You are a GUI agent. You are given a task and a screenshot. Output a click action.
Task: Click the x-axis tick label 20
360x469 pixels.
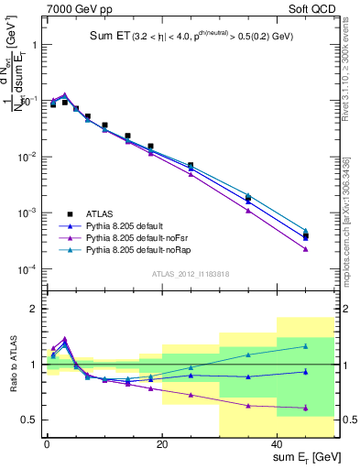pos(162,444)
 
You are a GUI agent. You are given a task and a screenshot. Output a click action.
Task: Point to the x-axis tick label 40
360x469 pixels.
pos(278,444)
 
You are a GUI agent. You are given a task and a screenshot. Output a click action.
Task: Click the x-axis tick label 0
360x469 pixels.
pos(47,444)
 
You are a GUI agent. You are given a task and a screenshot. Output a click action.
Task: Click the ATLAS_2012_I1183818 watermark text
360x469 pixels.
pos(189,275)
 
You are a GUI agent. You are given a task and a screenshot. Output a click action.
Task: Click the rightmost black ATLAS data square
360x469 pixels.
pos(306,237)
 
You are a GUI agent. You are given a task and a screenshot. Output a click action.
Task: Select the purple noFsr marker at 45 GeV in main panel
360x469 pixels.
pos(306,249)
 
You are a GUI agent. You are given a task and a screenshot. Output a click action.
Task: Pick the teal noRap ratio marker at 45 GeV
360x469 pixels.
pos(306,346)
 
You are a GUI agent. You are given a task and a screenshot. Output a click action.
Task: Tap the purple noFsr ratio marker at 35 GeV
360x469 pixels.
pos(248,405)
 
